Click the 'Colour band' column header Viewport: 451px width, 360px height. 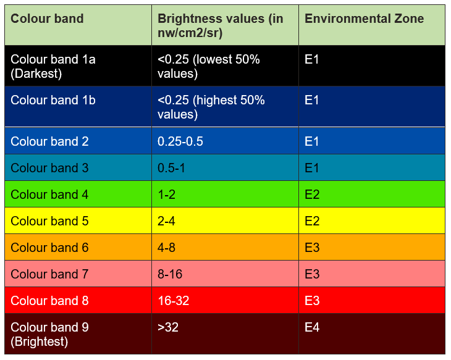47,19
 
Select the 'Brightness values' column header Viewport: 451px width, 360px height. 220,25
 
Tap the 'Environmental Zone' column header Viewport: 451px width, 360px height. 365,19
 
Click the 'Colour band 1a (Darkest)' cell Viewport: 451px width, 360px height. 53,66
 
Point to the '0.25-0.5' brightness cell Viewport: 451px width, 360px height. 180,141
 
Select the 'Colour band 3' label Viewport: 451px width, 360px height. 49,168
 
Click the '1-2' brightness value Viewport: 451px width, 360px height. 167,195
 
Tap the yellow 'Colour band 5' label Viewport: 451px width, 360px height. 49,221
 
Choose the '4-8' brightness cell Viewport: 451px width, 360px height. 167,248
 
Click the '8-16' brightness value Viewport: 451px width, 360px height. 170,274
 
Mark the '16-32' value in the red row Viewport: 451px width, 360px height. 174,301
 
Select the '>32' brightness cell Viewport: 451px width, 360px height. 168,327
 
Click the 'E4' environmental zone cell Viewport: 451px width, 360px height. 312,327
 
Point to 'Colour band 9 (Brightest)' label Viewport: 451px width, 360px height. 49,334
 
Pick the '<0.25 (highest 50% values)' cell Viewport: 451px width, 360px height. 211,107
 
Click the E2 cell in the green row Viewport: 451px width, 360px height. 312,195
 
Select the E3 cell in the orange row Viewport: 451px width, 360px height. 312,248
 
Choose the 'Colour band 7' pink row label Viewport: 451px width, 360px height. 49,274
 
